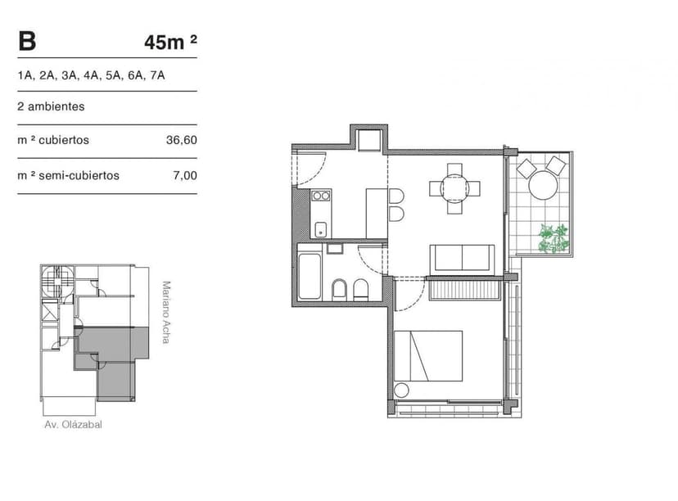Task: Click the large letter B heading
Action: click(26, 41)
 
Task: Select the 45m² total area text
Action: click(170, 43)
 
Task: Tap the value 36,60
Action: click(182, 140)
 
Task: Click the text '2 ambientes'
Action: click(51, 106)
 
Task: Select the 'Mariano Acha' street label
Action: click(166, 312)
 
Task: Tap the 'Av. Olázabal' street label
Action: click(74, 425)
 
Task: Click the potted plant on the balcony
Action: click(554, 238)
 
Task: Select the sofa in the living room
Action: click(463, 258)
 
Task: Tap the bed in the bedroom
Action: click(428, 356)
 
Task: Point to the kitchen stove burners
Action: click(321, 196)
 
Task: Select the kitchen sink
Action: click(321, 228)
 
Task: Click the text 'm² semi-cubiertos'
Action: click(68, 175)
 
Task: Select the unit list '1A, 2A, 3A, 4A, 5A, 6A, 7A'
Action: click(92, 75)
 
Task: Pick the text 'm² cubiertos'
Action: click(53, 140)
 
